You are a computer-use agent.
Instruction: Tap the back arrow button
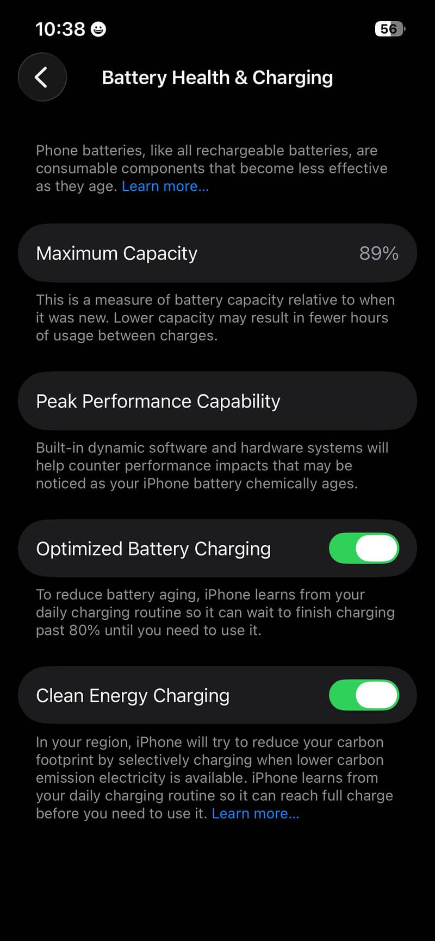[x=42, y=77]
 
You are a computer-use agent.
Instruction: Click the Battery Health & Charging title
[x=217, y=78]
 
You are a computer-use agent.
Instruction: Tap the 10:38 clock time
[x=60, y=29]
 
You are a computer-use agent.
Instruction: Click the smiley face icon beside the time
[x=98, y=29]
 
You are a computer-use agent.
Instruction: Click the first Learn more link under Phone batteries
[x=165, y=186]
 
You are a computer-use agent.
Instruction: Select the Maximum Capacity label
[x=117, y=253]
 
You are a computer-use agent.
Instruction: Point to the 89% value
[x=379, y=253]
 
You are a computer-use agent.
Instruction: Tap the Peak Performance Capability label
[x=158, y=401]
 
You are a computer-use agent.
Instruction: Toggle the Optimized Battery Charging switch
[x=364, y=548]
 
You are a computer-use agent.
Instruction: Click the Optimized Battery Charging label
[x=153, y=549]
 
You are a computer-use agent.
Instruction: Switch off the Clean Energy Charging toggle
[x=364, y=695]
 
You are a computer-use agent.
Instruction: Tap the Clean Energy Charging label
[x=133, y=696]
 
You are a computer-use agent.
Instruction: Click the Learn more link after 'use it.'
[x=256, y=814]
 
